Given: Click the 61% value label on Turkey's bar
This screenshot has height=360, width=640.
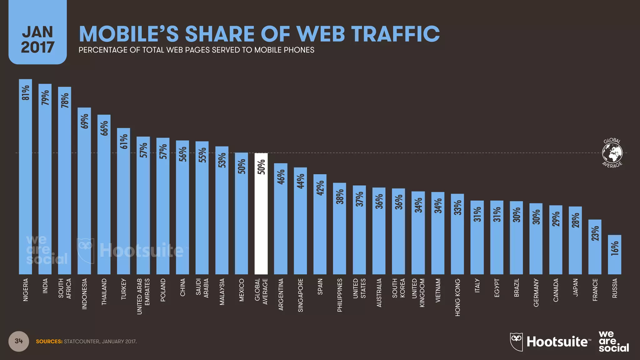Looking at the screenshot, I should (x=124, y=142).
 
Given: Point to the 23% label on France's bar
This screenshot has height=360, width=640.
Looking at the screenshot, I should (x=595, y=233).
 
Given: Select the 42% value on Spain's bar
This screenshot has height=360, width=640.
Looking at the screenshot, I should (x=320, y=188).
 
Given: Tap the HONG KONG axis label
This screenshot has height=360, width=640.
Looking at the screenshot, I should (x=457, y=297).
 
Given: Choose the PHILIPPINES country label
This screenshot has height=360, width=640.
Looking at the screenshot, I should (x=340, y=295).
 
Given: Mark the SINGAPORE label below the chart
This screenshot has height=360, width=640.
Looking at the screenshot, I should (x=300, y=295).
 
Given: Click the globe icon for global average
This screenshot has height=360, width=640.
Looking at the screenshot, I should (x=612, y=153).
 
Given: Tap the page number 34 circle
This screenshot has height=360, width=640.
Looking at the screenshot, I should (x=19, y=341).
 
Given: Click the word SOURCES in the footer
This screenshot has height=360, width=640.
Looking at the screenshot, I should (x=49, y=342).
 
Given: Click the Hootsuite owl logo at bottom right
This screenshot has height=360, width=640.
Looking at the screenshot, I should (x=517, y=342).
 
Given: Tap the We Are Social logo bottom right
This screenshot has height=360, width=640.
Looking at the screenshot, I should (x=613, y=342).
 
